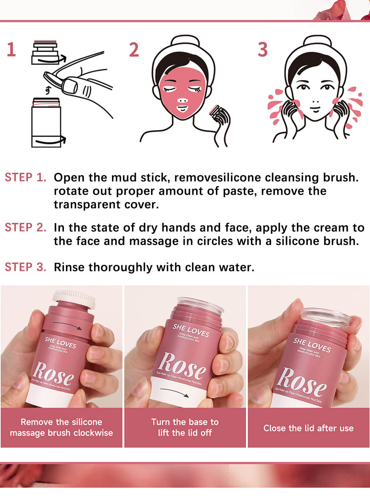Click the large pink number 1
pos(11,50)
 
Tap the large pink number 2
pos(134,50)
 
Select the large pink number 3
pos(263,50)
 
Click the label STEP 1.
pos(25,177)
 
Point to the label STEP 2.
pos(25,227)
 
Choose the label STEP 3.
pos(25,267)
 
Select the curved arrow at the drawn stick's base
pos(50,142)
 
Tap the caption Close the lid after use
pos(308,428)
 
